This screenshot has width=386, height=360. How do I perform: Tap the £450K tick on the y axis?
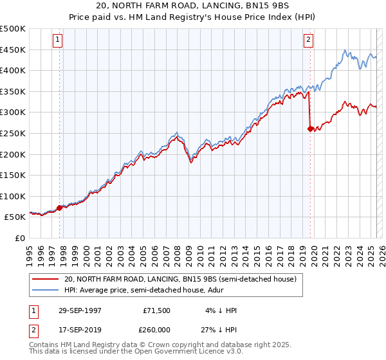coord(13,50)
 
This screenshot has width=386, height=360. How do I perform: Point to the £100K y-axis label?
coord(13,196)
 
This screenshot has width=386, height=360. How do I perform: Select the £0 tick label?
coord(20,239)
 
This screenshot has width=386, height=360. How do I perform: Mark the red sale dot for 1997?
coord(60,208)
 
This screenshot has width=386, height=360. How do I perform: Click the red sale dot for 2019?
coord(310,129)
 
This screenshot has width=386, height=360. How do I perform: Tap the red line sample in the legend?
coord(46,279)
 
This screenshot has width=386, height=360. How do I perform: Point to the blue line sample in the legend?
coord(46,290)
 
